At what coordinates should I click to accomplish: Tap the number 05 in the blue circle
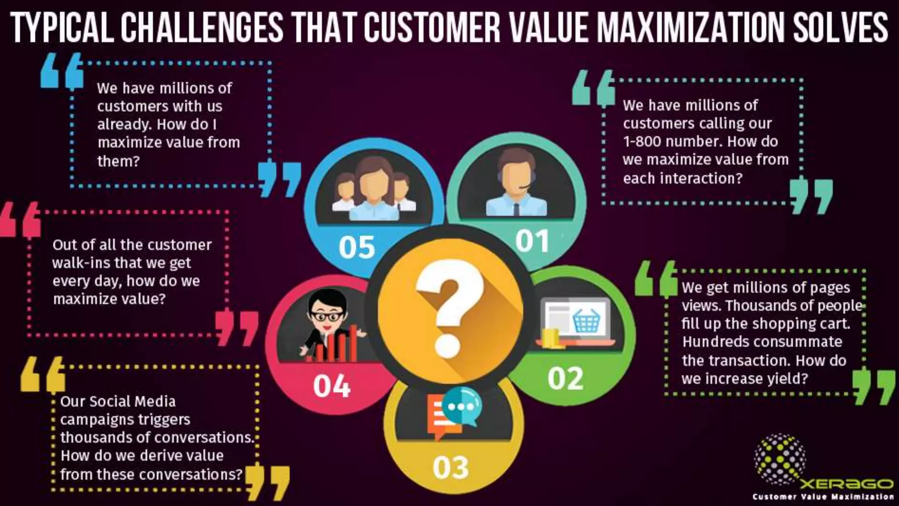(357, 247)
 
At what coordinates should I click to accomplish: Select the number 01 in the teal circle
(532, 241)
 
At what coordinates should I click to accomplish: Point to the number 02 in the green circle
(565, 378)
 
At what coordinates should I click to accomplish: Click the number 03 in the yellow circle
(451, 467)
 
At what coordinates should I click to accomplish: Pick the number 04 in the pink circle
(332, 386)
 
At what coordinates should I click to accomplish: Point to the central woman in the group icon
(374, 189)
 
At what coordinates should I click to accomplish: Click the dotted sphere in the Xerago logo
(780, 459)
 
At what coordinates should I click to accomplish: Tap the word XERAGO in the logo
(847, 484)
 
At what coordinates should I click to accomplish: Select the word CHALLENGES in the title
(202, 27)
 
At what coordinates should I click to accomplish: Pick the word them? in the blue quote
(118, 161)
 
